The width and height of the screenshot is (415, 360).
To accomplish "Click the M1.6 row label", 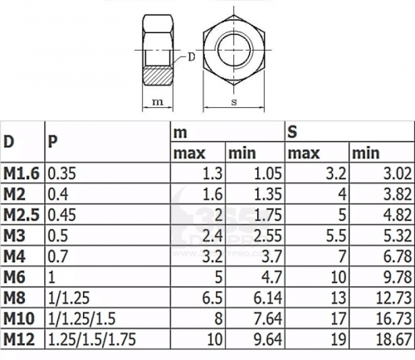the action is click(22, 173).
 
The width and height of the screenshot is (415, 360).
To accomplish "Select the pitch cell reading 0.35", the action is click(61, 173).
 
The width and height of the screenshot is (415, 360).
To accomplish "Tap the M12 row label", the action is click(19, 339).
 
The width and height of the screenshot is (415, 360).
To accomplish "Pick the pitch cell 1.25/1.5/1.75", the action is click(92, 339).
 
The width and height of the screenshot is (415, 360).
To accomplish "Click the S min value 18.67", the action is click(393, 339).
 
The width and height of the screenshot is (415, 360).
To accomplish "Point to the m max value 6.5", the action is click(212, 298).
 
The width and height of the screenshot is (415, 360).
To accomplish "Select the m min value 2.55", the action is click(267, 236).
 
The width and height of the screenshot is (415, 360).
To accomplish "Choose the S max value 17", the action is click(339, 319).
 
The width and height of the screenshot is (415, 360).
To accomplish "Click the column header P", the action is click(53, 142).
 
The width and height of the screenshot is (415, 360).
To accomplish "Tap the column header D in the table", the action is click(8, 142).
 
